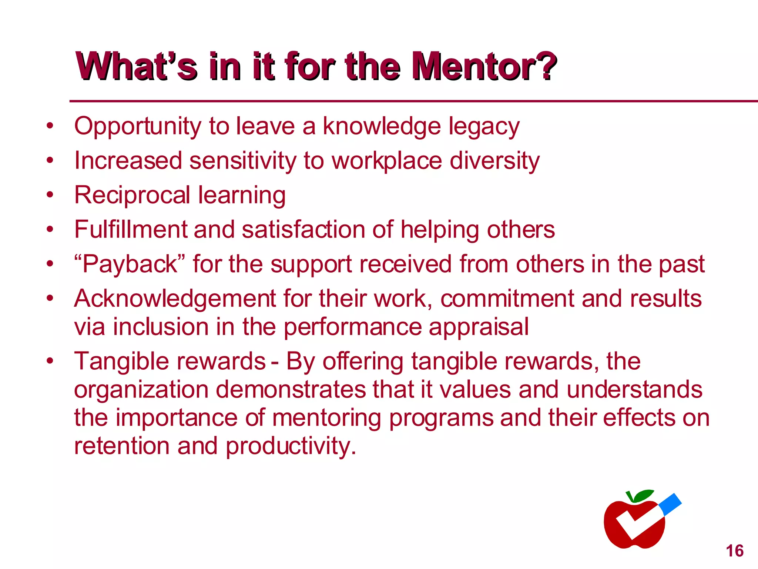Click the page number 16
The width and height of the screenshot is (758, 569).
pos(735,551)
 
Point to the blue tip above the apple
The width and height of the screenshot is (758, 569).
pos(671,504)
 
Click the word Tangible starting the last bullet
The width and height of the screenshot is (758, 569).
pos(122,361)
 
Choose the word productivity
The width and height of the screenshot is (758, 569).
pos(291,446)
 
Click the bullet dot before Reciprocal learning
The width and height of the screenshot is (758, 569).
pos(50,195)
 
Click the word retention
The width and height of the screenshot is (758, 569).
pos(122,446)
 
